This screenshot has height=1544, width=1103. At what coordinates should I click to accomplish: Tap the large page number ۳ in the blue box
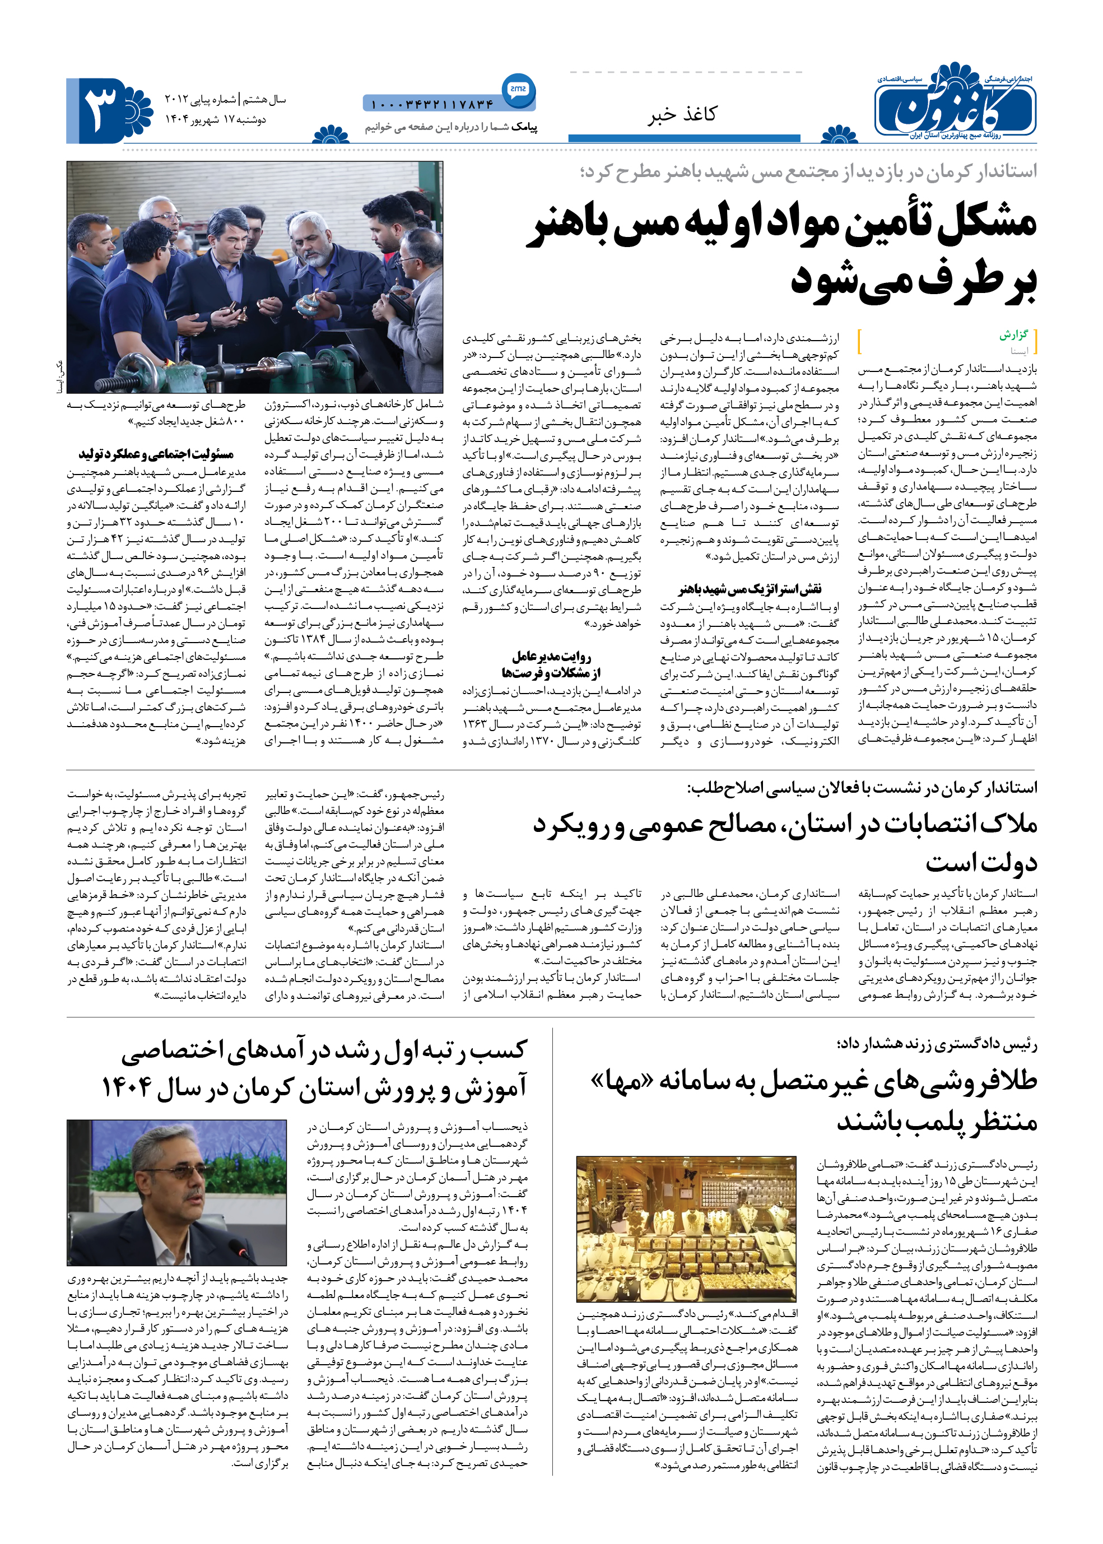coord(101,109)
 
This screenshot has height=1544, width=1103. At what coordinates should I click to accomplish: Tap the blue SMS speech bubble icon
coord(518,89)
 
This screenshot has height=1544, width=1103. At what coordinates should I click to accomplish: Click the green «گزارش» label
coord(1013,335)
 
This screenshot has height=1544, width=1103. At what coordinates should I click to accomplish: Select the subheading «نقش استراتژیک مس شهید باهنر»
coord(750,588)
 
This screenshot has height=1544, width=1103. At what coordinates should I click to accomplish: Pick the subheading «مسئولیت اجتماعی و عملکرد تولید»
coord(156,454)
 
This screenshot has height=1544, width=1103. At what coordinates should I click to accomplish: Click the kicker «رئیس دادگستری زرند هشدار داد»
coord(937,1043)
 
